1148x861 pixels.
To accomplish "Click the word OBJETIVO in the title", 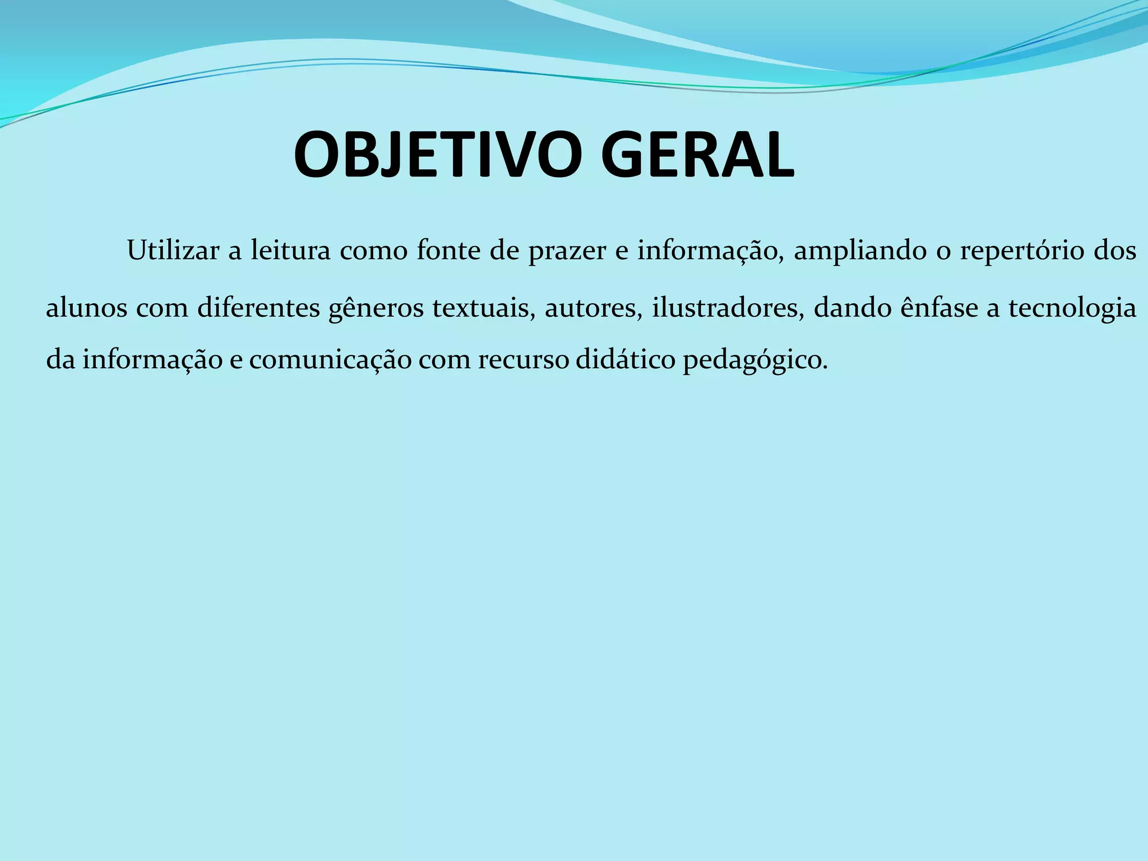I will pos(438,155).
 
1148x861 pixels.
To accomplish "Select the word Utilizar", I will pos(173,251).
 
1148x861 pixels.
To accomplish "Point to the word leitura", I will pos(290,251).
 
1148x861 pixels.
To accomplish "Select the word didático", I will pos(626,359).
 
